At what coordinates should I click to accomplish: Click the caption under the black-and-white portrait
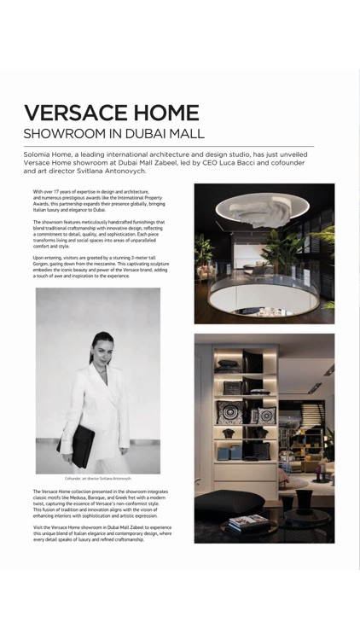pyautogui.click(x=98, y=480)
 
